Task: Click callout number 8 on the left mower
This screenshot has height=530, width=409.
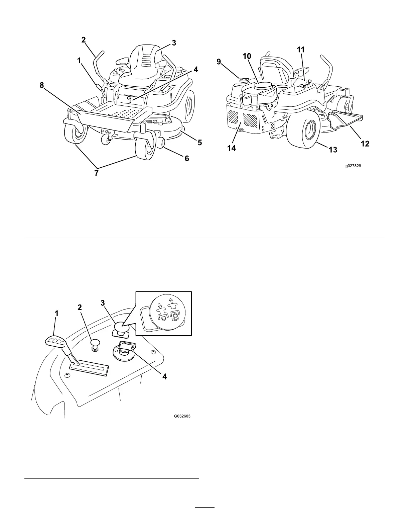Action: (42, 85)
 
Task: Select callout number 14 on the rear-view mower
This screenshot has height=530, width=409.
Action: (232, 148)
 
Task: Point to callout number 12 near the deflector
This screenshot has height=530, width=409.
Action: (365, 144)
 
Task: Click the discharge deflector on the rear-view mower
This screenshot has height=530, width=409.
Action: (346, 120)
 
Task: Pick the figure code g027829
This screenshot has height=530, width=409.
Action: (353, 166)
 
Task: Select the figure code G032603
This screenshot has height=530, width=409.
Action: (182, 417)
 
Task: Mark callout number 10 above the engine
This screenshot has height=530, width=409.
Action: (247, 56)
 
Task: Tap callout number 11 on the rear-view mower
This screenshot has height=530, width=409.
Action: (301, 50)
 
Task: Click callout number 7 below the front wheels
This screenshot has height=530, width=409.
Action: (96, 173)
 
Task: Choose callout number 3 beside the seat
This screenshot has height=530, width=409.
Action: (174, 43)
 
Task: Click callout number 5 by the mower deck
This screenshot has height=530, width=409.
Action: (199, 143)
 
